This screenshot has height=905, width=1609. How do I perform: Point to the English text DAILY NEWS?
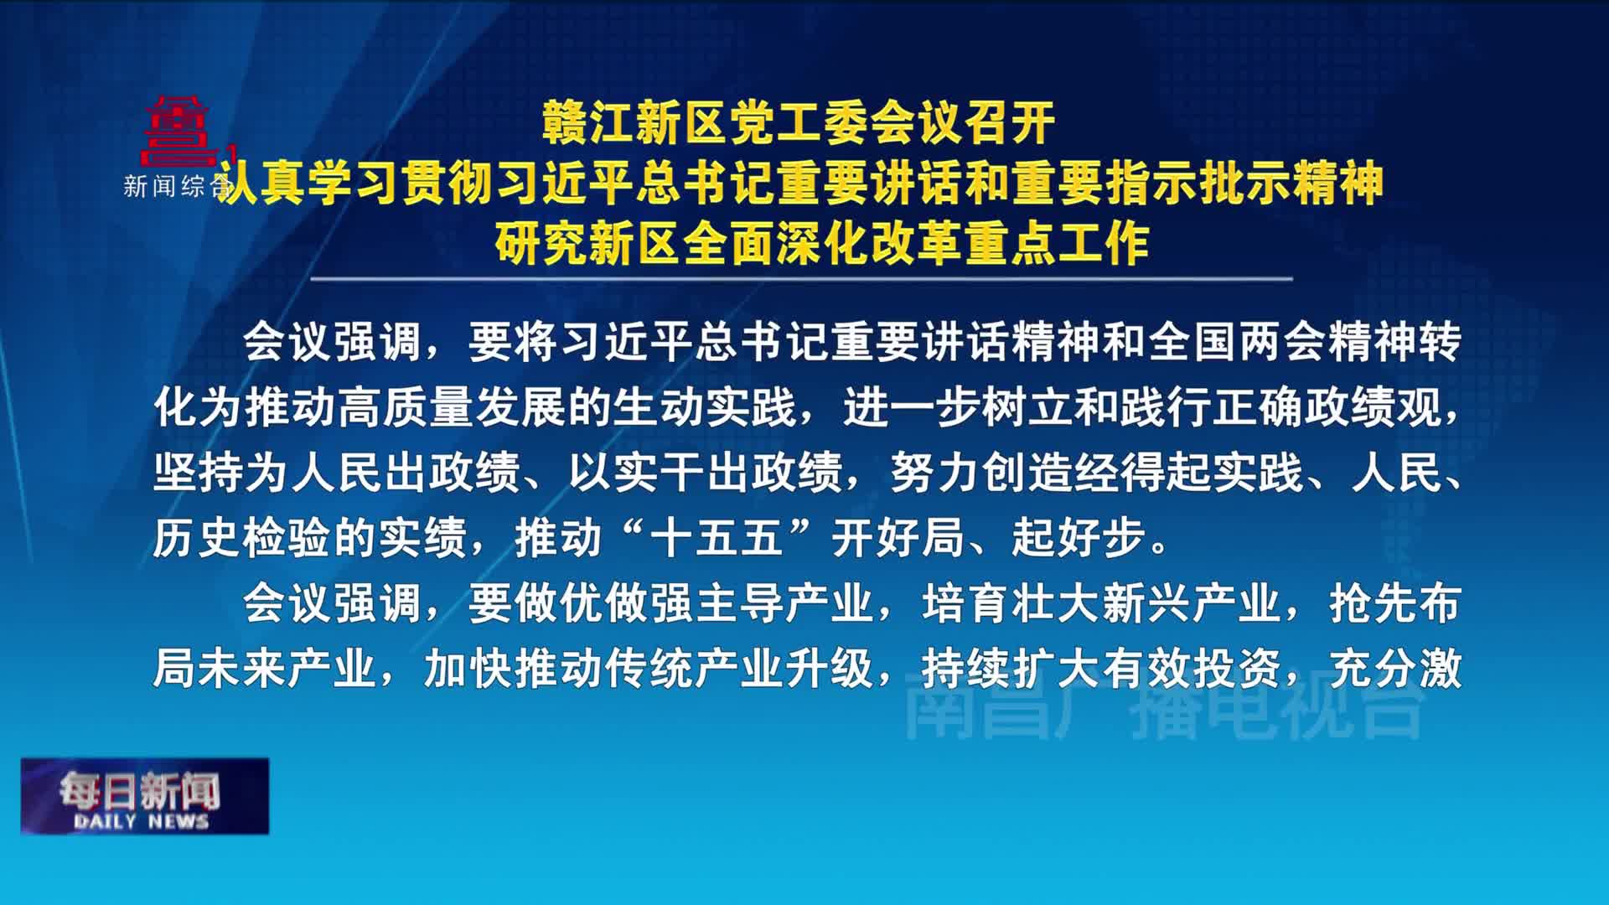pos(141,822)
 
